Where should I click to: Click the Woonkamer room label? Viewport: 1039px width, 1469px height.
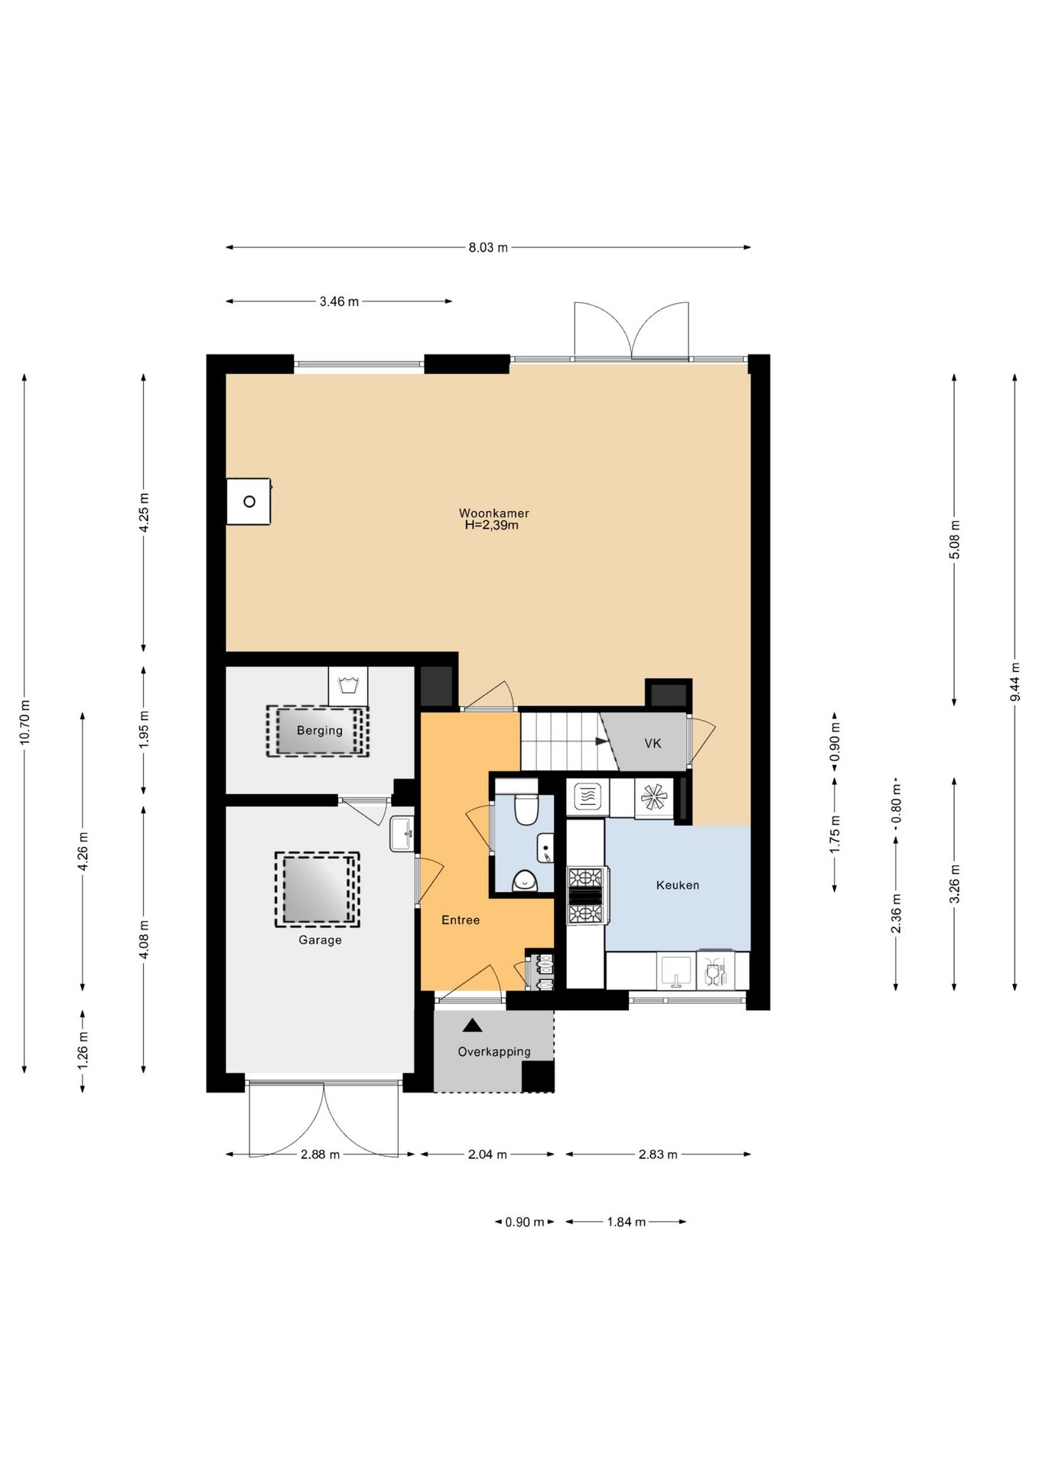(x=493, y=513)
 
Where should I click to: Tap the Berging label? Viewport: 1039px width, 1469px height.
(x=320, y=731)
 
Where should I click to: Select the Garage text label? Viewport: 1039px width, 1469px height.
(x=320, y=940)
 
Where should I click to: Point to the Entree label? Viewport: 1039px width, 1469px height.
(x=461, y=920)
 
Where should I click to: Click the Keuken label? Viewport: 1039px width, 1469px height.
(x=678, y=885)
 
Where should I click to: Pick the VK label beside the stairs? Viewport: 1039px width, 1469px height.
(x=653, y=744)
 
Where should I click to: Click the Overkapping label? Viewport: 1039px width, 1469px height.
(x=494, y=1052)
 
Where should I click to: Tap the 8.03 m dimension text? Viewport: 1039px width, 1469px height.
(x=488, y=248)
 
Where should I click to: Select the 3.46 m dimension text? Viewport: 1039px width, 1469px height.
(x=339, y=301)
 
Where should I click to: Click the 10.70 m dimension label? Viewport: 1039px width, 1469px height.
(x=25, y=722)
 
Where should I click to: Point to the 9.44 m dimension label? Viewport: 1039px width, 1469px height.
(x=1015, y=681)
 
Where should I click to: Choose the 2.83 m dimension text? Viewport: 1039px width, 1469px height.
(x=658, y=1155)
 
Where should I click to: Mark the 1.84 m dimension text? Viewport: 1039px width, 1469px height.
(x=627, y=1222)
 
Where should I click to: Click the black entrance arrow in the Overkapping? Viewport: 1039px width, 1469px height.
(x=472, y=1025)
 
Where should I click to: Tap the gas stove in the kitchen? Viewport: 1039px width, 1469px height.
(x=587, y=895)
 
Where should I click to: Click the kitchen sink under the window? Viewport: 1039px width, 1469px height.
(x=676, y=970)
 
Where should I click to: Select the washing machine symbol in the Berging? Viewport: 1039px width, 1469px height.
(x=348, y=686)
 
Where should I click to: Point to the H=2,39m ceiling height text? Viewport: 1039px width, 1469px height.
(x=492, y=526)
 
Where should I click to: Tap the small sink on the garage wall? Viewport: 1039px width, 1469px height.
(x=402, y=834)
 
